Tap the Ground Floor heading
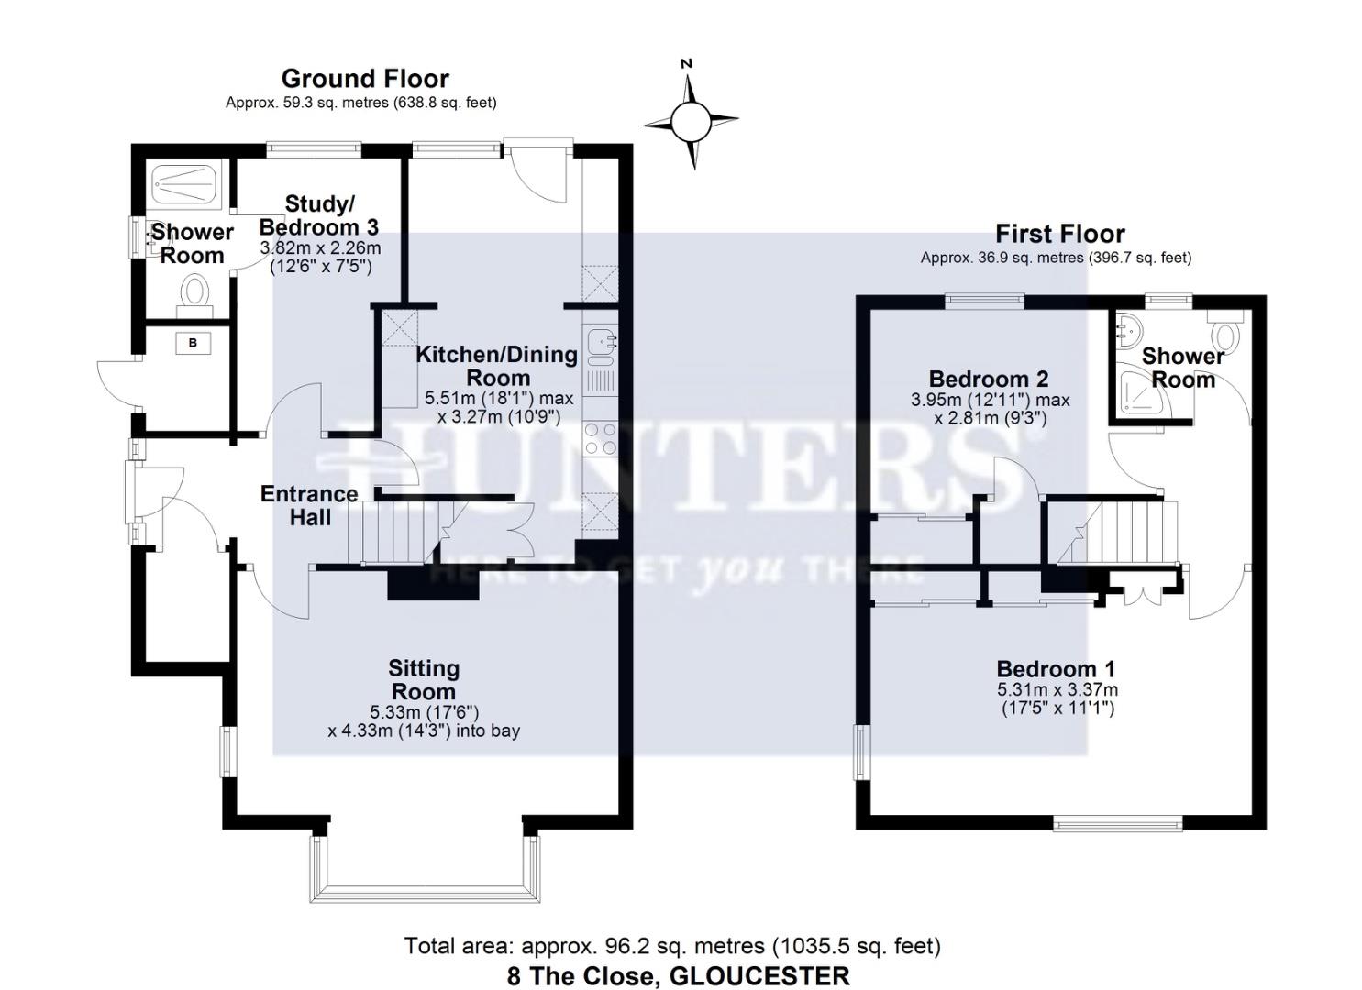pos(364,79)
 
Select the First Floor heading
pos(1059,234)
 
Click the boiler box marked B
pos(193,344)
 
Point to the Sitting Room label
pos(423,680)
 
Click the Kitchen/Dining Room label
pos(497,366)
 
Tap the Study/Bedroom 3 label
pos(319,214)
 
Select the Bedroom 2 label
pos(989,379)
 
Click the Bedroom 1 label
pos(1056,669)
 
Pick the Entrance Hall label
pos(310,505)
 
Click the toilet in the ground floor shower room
pos(194,293)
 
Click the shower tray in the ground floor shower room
pos(181,183)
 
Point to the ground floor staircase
pos(394,532)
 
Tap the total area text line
pos(672,945)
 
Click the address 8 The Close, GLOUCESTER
pos(678,975)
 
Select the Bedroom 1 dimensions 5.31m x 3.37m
pos(1057,690)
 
